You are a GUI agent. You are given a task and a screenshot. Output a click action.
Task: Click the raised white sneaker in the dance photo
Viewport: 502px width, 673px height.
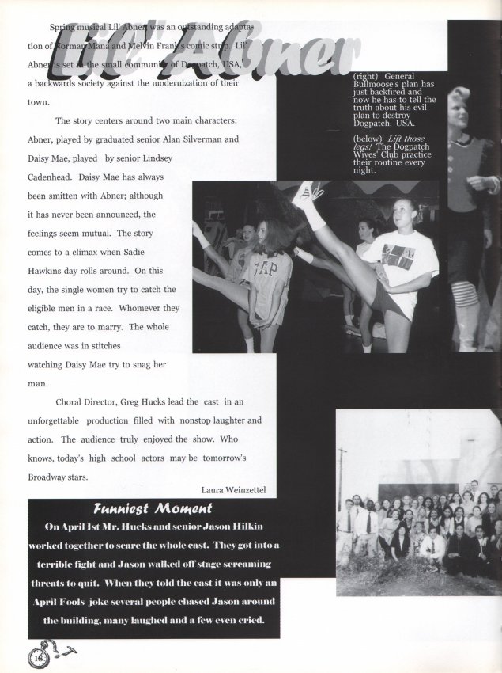point(307,193)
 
